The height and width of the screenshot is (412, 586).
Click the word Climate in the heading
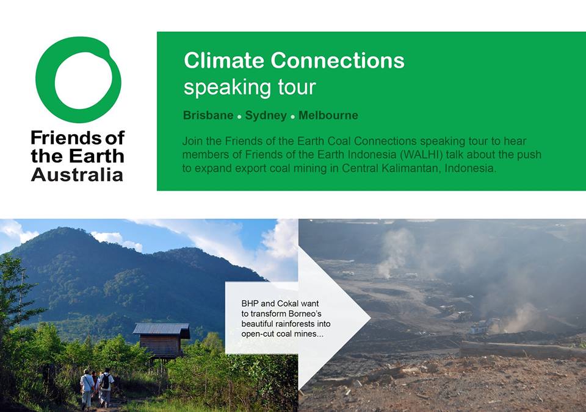(224, 60)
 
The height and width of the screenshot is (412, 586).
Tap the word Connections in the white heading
(338, 60)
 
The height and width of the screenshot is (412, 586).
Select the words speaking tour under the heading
(250, 88)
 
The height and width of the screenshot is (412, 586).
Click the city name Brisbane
(208, 115)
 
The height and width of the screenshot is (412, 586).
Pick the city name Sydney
(266, 115)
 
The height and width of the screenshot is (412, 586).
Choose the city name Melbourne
(328, 115)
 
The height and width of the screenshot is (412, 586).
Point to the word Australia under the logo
(77, 175)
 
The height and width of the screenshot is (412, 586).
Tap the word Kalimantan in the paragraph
(409, 168)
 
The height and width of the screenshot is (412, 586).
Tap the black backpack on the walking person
(106, 382)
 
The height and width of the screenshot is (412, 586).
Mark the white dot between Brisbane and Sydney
(239, 117)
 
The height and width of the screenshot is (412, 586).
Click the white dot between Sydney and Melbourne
(292, 117)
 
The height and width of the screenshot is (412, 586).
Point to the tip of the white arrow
(371, 318)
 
